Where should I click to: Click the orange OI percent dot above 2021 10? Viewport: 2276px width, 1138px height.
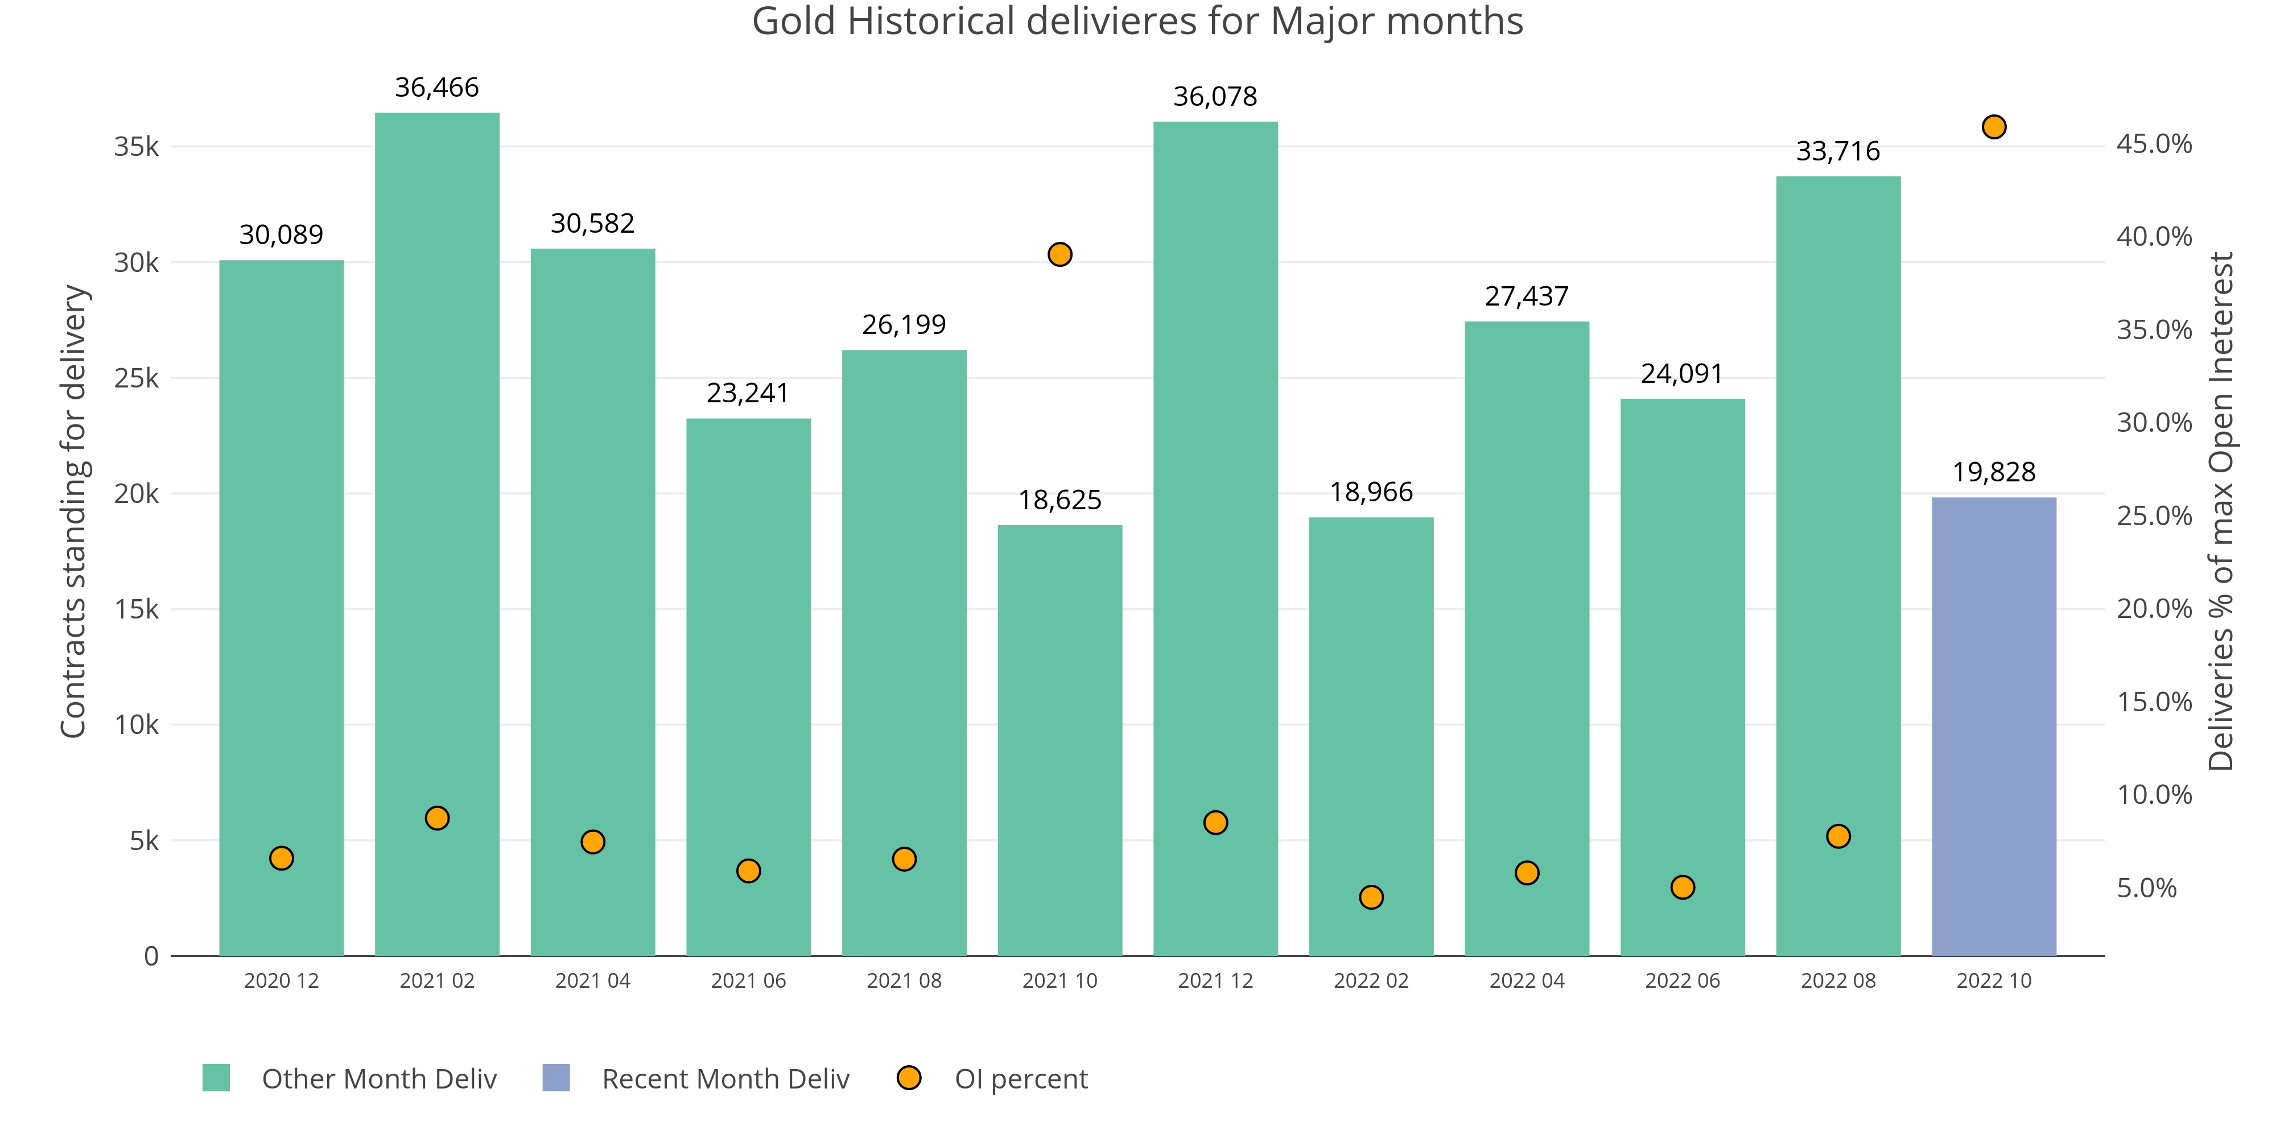pyautogui.click(x=1059, y=254)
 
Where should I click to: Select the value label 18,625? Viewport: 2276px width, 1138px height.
pyautogui.click(x=1059, y=500)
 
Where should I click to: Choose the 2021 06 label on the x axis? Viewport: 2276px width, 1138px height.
pyautogui.click(x=748, y=981)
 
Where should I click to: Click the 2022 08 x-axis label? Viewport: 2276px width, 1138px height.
pyautogui.click(x=1838, y=981)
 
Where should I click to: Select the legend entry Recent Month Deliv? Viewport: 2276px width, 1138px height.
pyautogui.click(x=724, y=1079)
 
